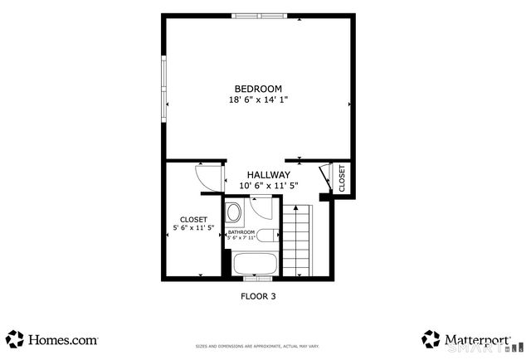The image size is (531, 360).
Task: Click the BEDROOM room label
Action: (x=258, y=89)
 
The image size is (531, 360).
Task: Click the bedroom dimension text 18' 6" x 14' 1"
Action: (x=258, y=100)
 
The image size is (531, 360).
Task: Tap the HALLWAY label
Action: (x=268, y=175)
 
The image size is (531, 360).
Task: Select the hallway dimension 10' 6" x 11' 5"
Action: (x=268, y=186)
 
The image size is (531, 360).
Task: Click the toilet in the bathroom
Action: (x=265, y=236)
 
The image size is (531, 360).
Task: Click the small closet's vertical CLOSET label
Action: (x=342, y=177)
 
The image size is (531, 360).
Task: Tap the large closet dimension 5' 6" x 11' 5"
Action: (x=193, y=227)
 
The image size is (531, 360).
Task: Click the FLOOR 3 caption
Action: (x=258, y=294)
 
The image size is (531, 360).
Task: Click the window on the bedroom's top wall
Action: (x=261, y=15)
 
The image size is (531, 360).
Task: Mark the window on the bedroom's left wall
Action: (x=163, y=89)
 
